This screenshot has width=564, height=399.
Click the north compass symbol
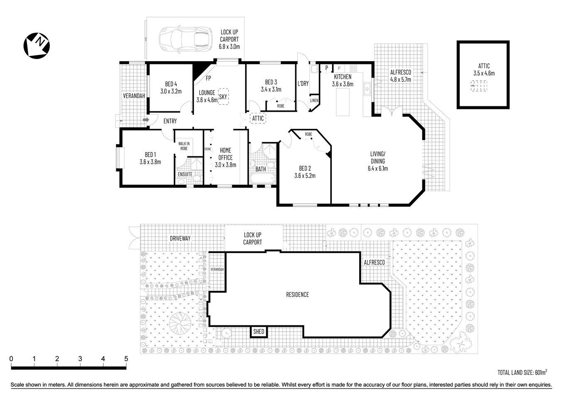37,45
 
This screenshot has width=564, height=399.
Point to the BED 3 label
271,82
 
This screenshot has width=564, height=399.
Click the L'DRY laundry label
303,84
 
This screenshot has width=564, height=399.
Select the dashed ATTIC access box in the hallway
258,118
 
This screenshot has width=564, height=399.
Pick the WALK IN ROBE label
183,145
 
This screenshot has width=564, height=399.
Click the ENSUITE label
185,174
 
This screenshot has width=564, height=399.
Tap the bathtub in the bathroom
262,179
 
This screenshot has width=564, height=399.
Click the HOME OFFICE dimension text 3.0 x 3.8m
226,165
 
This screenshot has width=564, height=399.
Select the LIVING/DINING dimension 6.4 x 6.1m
378,168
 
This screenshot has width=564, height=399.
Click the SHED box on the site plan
259,332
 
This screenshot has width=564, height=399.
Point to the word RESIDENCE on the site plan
297,295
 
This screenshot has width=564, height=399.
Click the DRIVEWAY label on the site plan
180,238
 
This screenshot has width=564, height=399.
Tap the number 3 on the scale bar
80,359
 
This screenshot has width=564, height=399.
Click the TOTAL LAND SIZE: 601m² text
522,372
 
